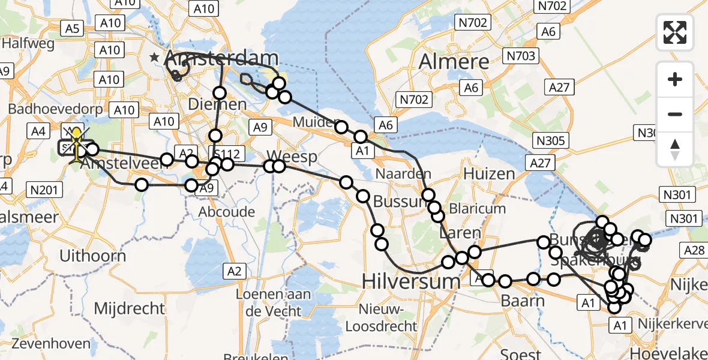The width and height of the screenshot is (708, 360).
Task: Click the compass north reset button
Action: [x=675, y=149]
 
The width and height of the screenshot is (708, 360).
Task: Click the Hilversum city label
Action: [x=411, y=280]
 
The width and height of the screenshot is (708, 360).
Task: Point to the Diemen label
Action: [x=218, y=104]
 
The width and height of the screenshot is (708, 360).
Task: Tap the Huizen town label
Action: [x=490, y=174]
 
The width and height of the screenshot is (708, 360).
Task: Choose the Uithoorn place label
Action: [x=92, y=256]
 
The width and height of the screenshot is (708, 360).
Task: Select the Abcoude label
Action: [x=228, y=212]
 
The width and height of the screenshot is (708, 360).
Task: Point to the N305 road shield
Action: [x=550, y=140]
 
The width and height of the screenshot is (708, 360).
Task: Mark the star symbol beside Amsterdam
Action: [x=155, y=58]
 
